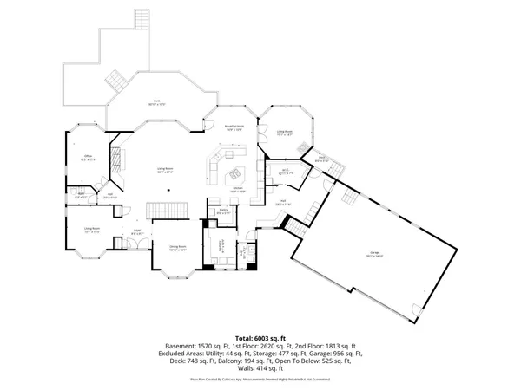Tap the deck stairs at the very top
point(141,19)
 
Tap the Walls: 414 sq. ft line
point(260,370)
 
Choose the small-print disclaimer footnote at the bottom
point(260,380)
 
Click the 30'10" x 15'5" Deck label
point(157,103)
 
